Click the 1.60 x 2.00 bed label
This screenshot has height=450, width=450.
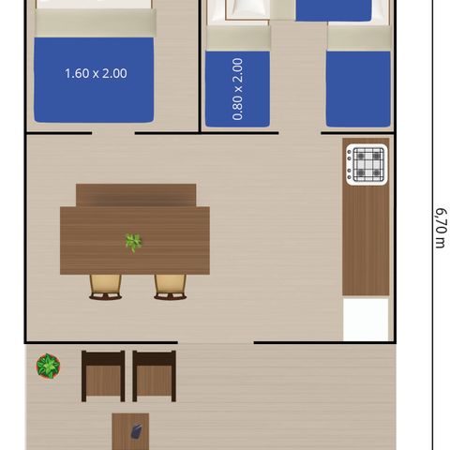click(96, 73)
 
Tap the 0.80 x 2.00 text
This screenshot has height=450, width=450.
click(237, 89)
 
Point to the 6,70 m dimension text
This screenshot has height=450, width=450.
click(440, 228)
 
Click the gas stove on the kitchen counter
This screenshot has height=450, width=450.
click(366, 165)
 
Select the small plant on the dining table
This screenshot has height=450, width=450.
click(133, 242)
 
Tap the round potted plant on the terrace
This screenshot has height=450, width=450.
click(48, 365)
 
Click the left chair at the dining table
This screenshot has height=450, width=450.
click(106, 286)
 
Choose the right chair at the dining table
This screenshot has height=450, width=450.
click(170, 286)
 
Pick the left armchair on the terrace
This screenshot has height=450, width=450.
click(103, 376)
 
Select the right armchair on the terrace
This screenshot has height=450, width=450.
click(154, 376)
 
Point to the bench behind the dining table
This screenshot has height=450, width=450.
click(136, 195)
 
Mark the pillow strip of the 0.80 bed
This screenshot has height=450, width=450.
click(237, 38)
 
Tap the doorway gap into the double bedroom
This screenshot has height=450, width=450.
click(113, 134)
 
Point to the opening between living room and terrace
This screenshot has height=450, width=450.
click(216, 342)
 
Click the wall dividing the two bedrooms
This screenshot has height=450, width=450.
click(200, 66)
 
